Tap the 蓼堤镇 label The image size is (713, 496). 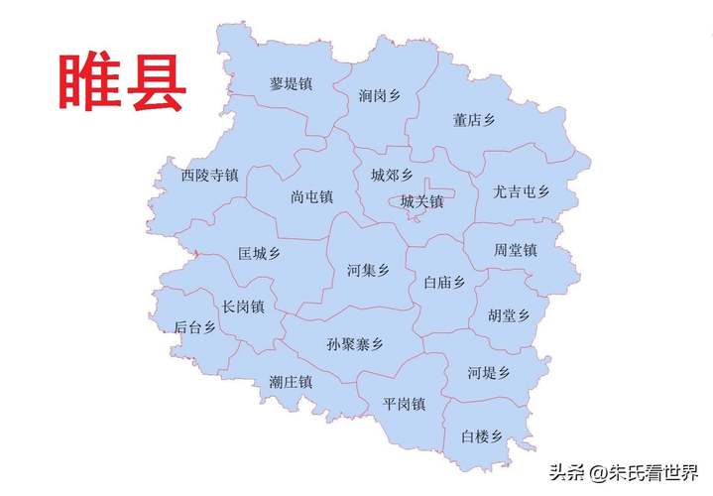click(x=291, y=84)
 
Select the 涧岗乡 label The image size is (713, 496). click(x=380, y=96)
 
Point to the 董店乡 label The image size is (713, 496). click(x=474, y=120)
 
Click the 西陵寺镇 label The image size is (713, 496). click(x=209, y=176)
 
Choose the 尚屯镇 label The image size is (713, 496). click(x=311, y=196)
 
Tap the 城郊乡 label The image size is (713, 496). click(x=392, y=176)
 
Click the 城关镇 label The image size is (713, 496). click(x=421, y=201)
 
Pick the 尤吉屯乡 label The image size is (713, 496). click(x=521, y=191)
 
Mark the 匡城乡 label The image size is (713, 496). click(x=259, y=253)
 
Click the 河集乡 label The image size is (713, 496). click(x=368, y=270)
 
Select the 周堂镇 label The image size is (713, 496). click(x=515, y=251)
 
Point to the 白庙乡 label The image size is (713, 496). click(x=443, y=283)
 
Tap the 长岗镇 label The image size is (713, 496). click(x=243, y=307)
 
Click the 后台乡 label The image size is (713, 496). click(x=194, y=327)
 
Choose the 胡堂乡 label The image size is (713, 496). click(x=509, y=315)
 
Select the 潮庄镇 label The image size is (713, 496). click(x=291, y=381)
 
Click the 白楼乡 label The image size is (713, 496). click(x=482, y=436)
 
